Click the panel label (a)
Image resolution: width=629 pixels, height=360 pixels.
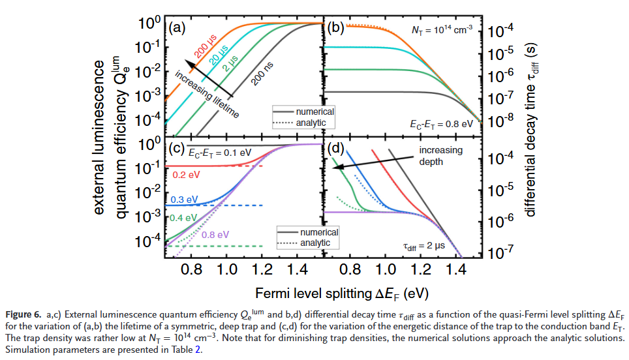click(177, 28)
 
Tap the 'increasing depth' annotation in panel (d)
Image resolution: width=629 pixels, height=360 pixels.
click(440, 156)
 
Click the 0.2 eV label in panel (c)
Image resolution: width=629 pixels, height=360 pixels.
click(184, 175)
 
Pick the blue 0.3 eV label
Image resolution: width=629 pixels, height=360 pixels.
click(183, 200)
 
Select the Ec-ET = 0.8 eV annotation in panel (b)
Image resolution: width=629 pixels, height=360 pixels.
click(440, 122)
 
